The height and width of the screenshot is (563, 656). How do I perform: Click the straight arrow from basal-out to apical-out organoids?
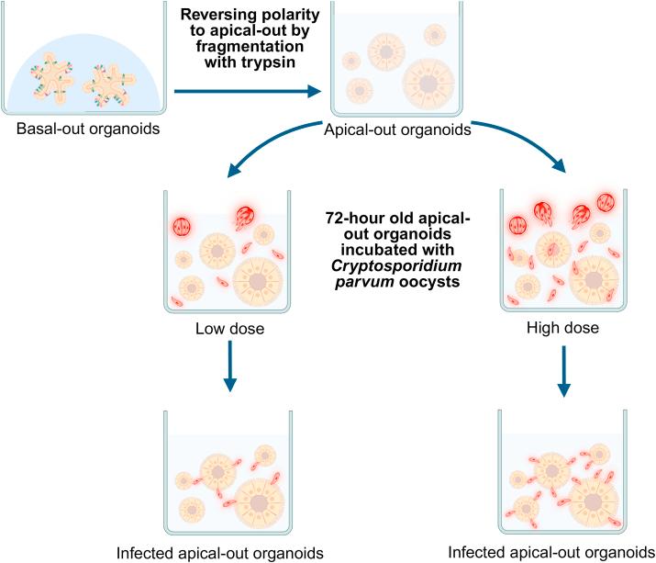coord(249,91)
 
